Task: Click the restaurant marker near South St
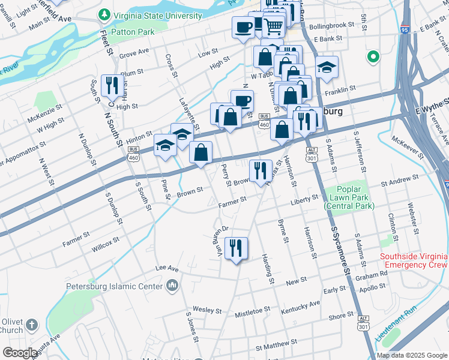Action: pyautogui.click(x=111, y=86)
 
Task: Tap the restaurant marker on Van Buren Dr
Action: pyautogui.click(x=236, y=248)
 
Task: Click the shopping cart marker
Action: pyautogui.click(x=274, y=25)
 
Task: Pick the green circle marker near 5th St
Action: pyautogui.click(x=373, y=58)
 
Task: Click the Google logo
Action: pyautogui.click(x=20, y=352)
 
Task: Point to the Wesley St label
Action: pyautogui.click(x=208, y=310)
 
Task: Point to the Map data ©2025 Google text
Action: pyautogui.click(x=412, y=355)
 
